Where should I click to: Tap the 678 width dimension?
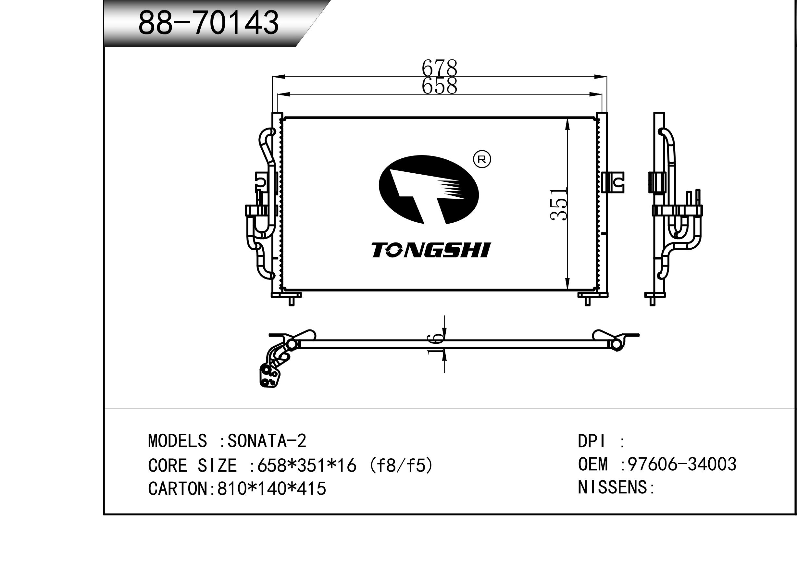pyautogui.click(x=439, y=67)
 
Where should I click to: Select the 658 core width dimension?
pyautogui.click(x=439, y=86)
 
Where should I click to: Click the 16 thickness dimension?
pyautogui.click(x=435, y=343)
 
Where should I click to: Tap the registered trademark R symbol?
pyautogui.click(x=482, y=159)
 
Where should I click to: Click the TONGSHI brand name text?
pyautogui.click(x=431, y=250)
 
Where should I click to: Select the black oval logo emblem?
pyautogui.click(x=429, y=190)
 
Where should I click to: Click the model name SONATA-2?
pyautogui.click(x=267, y=441)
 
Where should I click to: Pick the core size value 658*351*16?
pyautogui.click(x=307, y=465)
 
